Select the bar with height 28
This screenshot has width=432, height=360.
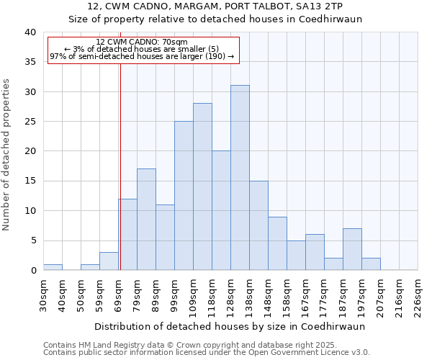(x=202, y=186)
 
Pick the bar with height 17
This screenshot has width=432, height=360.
(x=146, y=220)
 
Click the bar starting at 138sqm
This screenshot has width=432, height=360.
(x=258, y=225)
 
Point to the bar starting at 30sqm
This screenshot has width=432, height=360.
(x=53, y=267)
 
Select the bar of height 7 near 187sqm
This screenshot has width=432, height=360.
(x=352, y=249)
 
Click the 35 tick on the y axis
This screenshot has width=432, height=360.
(x=31, y=62)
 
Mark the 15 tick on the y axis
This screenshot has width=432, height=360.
(x=31, y=181)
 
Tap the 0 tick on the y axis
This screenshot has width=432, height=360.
(x=33, y=271)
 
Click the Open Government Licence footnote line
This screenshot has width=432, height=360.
(x=207, y=353)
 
